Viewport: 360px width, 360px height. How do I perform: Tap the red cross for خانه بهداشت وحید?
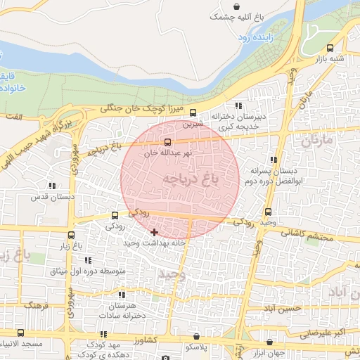tap(155, 231)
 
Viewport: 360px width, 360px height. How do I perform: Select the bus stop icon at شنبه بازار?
tap(330, 49)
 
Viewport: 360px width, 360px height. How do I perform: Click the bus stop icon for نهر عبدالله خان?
tap(167, 142)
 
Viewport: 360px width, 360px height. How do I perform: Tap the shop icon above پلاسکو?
tap(196, 337)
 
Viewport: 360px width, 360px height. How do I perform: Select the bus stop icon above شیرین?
tap(193, 112)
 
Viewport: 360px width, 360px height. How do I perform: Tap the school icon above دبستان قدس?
tap(52, 186)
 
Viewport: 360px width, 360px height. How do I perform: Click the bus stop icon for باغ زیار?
tap(71, 235)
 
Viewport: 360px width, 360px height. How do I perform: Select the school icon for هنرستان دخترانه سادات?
tap(121, 295)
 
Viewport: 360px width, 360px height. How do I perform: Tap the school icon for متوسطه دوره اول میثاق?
tap(88, 260)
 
